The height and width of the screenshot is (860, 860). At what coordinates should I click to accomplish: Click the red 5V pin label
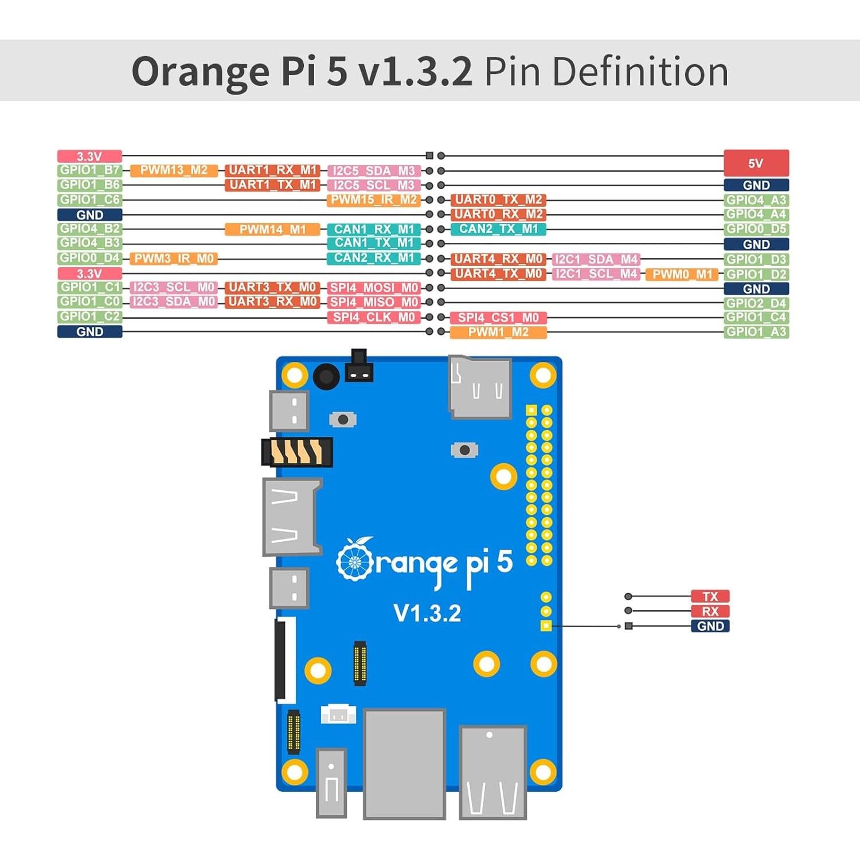pyautogui.click(x=756, y=163)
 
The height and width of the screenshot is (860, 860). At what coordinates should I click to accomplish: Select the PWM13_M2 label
pyautogui.click(x=174, y=170)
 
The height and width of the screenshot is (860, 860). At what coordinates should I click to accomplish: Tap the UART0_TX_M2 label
pyautogui.click(x=498, y=200)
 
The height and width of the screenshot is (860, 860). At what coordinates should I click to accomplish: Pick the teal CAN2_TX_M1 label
pyautogui.click(x=498, y=229)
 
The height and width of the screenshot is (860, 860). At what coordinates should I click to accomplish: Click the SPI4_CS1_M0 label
pyautogui.click(x=498, y=318)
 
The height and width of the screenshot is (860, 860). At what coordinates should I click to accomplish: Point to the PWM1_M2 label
pyautogui.click(x=498, y=333)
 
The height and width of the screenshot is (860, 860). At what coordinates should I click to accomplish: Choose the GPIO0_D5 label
pyautogui.click(x=756, y=229)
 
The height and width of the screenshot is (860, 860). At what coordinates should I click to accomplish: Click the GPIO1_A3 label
pyautogui.click(x=756, y=332)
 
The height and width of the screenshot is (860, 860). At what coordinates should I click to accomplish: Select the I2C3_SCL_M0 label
pyautogui.click(x=174, y=287)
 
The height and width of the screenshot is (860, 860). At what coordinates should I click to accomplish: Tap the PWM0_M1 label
pyautogui.click(x=682, y=275)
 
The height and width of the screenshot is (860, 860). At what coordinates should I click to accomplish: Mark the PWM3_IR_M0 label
pyautogui.click(x=174, y=259)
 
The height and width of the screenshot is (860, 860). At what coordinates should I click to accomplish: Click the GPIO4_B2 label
pyautogui.click(x=89, y=229)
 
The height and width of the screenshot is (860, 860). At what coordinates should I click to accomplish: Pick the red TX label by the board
pyautogui.click(x=710, y=596)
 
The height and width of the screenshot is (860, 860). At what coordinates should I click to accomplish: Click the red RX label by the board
pyautogui.click(x=710, y=611)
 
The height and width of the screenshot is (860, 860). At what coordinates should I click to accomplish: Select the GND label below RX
pyautogui.click(x=710, y=626)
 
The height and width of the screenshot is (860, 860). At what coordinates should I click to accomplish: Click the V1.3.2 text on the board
pyautogui.click(x=427, y=613)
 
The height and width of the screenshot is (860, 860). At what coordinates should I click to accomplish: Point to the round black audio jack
pyautogui.click(x=326, y=377)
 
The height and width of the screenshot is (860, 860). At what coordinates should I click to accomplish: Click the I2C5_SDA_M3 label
pyautogui.click(x=374, y=171)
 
